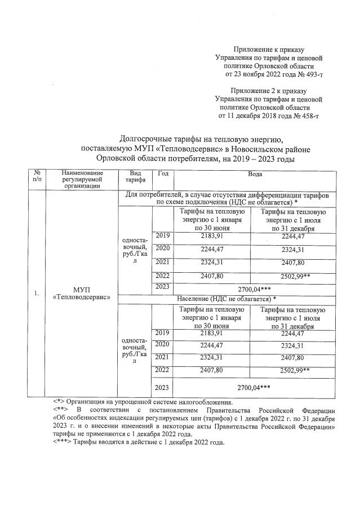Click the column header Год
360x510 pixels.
(x=163, y=175)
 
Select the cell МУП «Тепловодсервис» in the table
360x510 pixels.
(x=82, y=292)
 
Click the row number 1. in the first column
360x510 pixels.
(x=37, y=293)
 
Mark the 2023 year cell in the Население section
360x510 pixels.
(x=162, y=388)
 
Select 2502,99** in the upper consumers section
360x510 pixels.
(x=294, y=276)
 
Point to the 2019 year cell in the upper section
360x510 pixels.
(x=162, y=236)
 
